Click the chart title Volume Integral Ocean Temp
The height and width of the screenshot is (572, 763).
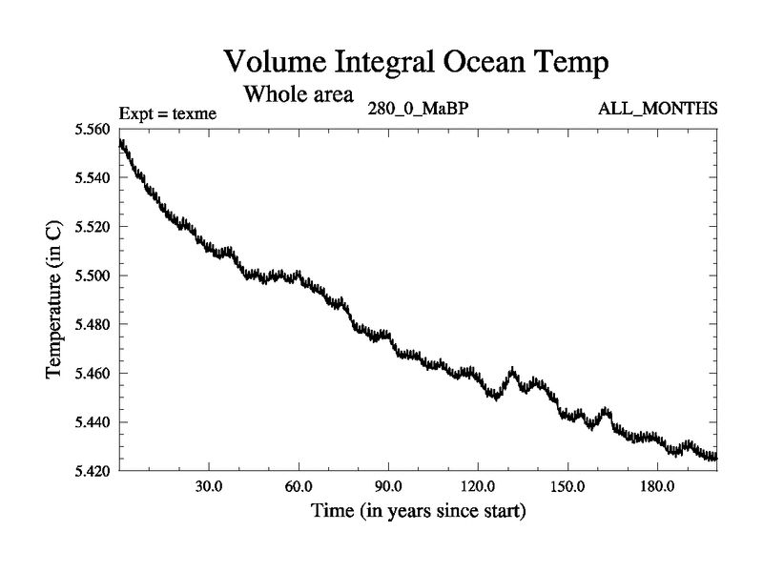point(416,63)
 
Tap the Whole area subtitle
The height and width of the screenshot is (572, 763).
point(299,95)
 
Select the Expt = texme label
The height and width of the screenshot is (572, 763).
point(169,113)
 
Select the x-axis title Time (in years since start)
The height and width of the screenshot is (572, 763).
point(418,511)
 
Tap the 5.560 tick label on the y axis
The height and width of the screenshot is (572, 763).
point(93,130)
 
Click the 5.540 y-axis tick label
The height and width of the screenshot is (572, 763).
point(93,178)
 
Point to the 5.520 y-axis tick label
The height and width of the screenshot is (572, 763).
point(93,227)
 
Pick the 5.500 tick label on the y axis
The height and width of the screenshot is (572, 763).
point(93,276)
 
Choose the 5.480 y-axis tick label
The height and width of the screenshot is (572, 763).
point(93,324)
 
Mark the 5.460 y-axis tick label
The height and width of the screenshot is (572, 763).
point(93,373)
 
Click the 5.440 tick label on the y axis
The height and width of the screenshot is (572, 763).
point(93,421)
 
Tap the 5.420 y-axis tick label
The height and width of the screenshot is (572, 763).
point(93,470)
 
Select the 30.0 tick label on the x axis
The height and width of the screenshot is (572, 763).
point(208,486)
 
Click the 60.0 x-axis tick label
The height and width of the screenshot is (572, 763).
point(299,486)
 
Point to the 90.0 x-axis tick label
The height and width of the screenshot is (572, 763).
point(388,486)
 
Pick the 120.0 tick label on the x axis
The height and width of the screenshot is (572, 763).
point(478,486)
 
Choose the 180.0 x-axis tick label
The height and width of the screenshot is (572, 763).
point(657,486)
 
